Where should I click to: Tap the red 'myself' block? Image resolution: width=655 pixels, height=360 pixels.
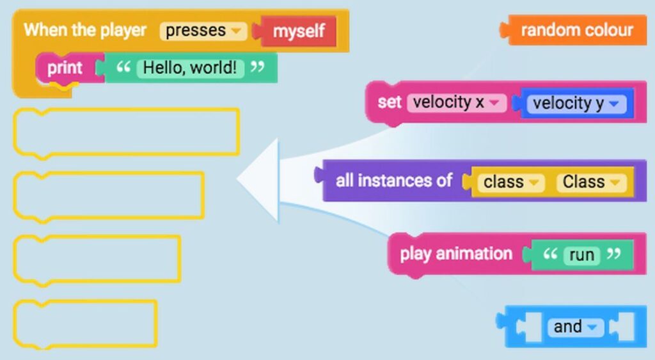[299, 31]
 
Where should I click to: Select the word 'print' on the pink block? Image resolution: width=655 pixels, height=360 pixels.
[65, 68]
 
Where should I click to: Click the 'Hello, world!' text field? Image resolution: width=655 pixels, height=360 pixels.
[191, 68]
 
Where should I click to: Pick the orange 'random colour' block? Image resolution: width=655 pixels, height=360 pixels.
[577, 30]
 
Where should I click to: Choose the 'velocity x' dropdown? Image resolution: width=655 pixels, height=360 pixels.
[456, 102]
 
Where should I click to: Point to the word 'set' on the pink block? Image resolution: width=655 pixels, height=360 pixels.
[389, 102]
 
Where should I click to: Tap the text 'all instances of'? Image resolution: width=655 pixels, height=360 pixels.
[394, 181]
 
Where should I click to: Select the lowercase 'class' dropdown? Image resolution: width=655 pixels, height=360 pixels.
[510, 182]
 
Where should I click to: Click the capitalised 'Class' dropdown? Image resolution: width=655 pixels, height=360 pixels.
[589, 182]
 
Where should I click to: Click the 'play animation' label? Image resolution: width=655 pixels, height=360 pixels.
[456, 254]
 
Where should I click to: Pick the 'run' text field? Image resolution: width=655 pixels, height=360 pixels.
[581, 255]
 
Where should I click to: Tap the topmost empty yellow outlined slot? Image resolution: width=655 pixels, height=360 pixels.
[126, 132]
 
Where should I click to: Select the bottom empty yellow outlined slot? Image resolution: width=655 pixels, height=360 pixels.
[85, 324]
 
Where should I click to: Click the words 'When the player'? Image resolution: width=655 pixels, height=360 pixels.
[85, 30]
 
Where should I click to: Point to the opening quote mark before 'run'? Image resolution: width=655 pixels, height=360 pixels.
[549, 255]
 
